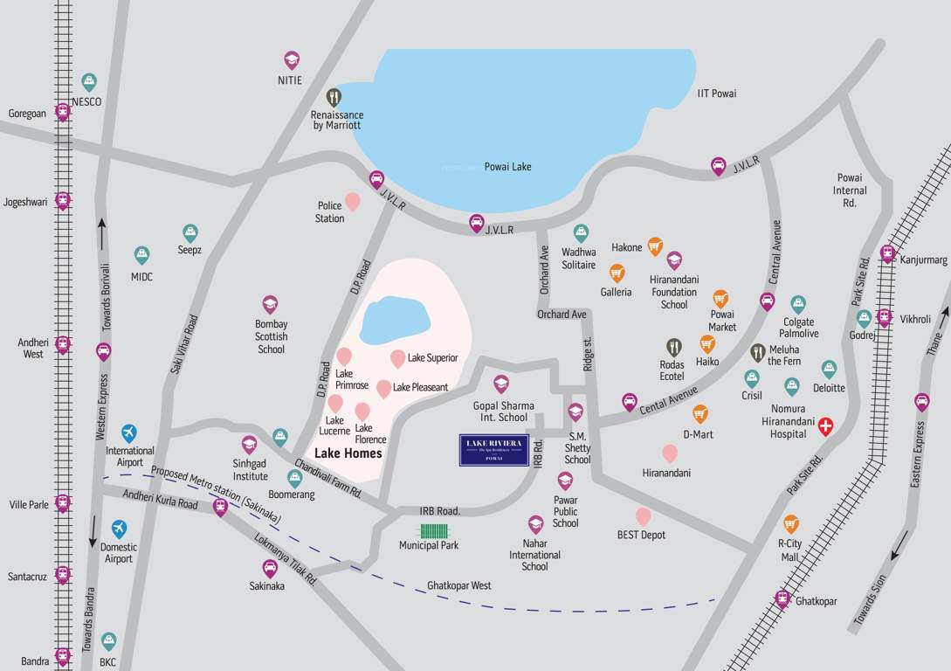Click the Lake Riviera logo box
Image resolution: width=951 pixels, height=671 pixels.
pyautogui.click(x=494, y=449)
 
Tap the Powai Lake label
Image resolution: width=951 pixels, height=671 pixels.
pyautogui.click(x=507, y=167)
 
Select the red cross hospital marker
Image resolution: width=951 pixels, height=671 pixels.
pyautogui.click(x=824, y=426)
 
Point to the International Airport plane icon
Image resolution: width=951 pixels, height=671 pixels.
pyautogui.click(x=129, y=432)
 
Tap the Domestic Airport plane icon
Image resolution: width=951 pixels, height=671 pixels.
pyautogui.click(x=119, y=529)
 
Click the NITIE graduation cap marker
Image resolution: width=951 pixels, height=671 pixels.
pyautogui.click(x=292, y=59)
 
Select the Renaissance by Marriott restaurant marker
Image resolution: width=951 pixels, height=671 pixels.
pyautogui.click(x=334, y=96)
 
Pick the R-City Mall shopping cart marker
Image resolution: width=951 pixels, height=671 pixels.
pyautogui.click(x=790, y=523)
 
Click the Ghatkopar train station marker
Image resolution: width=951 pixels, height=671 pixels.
pyautogui.click(x=782, y=599)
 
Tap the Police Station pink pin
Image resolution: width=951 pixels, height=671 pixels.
pyautogui.click(x=352, y=202)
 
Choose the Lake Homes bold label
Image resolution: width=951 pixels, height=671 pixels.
pyautogui.click(x=348, y=453)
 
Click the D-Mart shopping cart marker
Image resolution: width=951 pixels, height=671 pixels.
pyautogui.click(x=699, y=413)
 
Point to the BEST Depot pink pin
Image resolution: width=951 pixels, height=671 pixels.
pyautogui.click(x=643, y=516)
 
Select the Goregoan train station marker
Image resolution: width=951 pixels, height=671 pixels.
pyautogui.click(x=63, y=112)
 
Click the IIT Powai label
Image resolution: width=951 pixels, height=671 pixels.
pyautogui.click(x=717, y=93)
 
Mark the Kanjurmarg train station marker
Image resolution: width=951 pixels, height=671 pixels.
pyautogui.click(x=888, y=253)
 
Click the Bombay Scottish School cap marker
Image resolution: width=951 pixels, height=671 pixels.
pyautogui.click(x=270, y=303)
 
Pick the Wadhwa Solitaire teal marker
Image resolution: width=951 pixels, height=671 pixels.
pyautogui.click(x=581, y=232)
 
